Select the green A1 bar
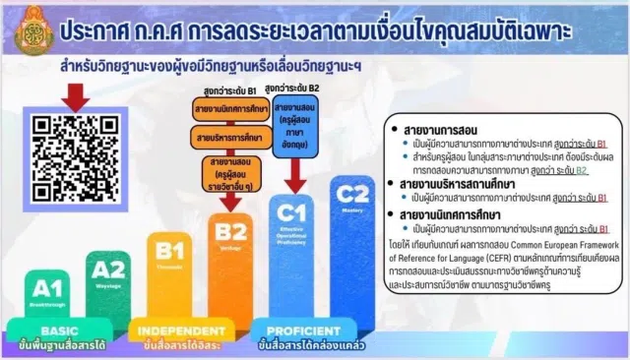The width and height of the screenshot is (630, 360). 42,289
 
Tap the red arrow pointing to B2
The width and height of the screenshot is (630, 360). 229,200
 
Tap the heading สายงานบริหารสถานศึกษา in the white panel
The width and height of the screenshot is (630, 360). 460,184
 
